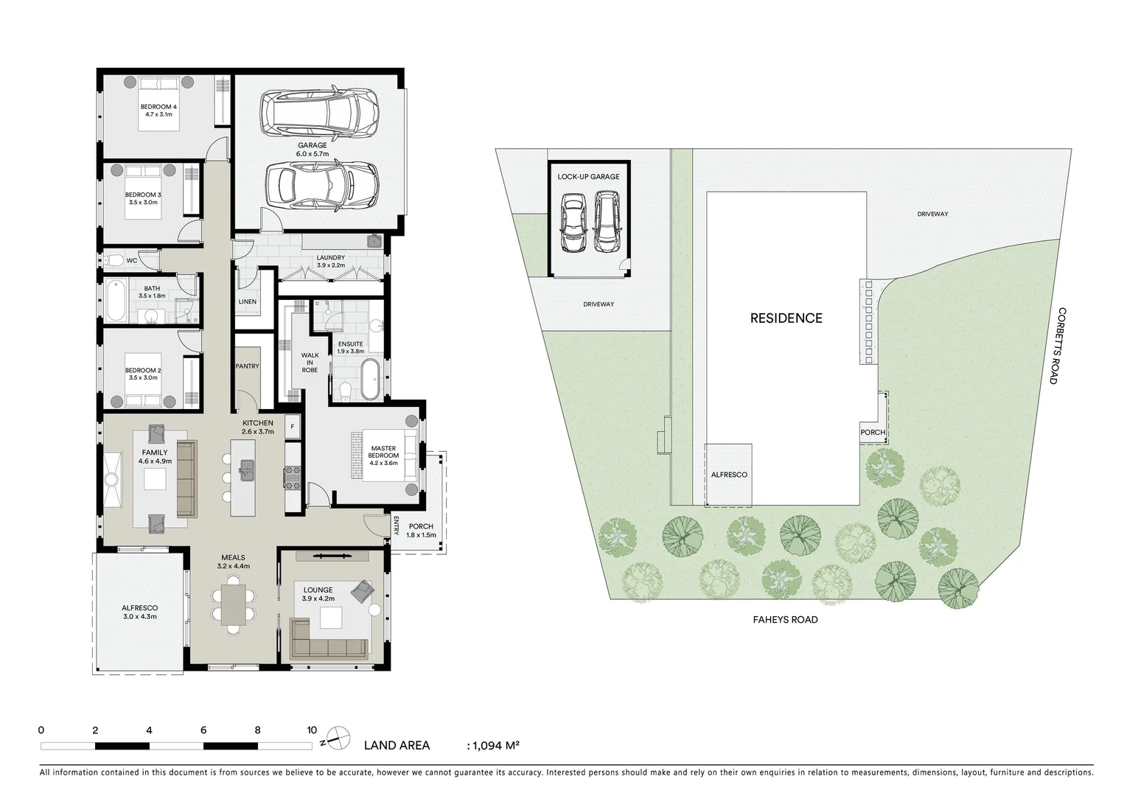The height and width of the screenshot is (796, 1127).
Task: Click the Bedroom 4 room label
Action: (x=158, y=107)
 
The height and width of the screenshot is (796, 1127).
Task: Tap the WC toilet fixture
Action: (x=113, y=259)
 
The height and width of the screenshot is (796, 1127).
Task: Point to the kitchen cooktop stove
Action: (x=292, y=478)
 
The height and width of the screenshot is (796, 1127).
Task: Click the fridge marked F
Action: (x=292, y=427)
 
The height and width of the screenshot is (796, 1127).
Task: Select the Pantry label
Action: (x=247, y=366)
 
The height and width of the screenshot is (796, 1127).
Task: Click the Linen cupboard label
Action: (x=248, y=301)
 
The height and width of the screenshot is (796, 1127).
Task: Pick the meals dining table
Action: (x=234, y=604)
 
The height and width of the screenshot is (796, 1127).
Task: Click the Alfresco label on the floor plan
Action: (x=139, y=608)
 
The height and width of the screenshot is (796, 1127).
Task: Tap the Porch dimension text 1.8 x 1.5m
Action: (x=422, y=535)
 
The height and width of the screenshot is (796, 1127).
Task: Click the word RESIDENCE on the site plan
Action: (x=786, y=318)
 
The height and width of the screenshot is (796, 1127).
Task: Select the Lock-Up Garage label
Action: (x=588, y=177)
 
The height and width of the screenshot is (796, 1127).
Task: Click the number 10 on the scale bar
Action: (x=312, y=730)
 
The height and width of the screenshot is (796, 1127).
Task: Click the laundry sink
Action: (x=374, y=240)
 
